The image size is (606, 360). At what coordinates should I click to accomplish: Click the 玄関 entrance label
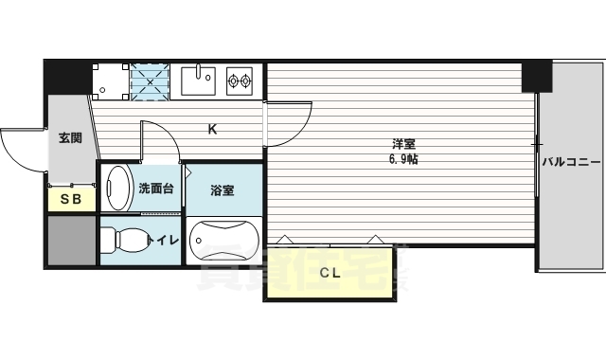coord(70,138)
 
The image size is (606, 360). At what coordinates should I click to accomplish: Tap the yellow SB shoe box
coord(71,199)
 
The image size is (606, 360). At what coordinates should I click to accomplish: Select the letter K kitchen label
coord(213,130)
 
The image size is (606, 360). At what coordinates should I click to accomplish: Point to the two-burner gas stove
coord(240,81)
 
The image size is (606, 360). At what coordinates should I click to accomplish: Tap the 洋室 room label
coord(404,144)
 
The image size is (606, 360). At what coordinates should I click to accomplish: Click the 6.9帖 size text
coord(404,159)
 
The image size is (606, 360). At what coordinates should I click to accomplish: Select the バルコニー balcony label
coord(572,162)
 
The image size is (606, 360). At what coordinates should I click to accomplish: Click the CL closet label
coord(329,273)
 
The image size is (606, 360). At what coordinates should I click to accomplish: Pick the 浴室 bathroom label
coord(223,189)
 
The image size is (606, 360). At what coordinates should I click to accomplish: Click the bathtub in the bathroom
coord(223,241)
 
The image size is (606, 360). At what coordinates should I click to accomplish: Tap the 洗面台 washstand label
coord(155,188)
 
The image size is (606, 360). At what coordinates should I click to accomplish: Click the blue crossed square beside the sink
coord(150,81)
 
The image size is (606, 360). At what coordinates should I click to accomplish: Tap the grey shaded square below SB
coord(71,241)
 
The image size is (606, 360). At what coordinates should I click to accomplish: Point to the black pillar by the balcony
coord(536,76)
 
